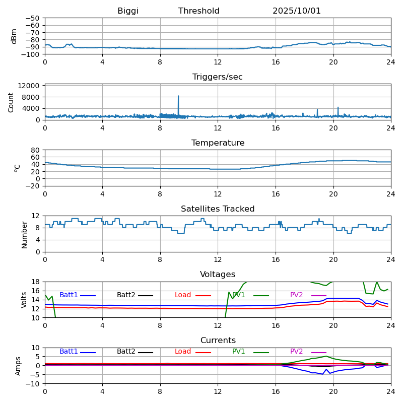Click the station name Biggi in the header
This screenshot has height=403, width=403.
click(x=128, y=11)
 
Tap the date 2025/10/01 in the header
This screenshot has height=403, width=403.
click(x=297, y=11)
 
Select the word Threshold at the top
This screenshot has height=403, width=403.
click(x=199, y=11)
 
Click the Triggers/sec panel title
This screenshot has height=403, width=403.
click(x=218, y=77)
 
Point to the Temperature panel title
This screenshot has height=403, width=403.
click(x=218, y=143)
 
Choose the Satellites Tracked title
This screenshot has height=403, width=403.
click(x=218, y=209)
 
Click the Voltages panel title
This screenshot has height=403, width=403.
click(x=218, y=275)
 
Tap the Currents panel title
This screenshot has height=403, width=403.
click(x=218, y=341)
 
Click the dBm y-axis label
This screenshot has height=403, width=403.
click(x=14, y=36)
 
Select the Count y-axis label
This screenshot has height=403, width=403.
click(x=11, y=102)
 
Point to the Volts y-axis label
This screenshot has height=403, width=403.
click(x=24, y=300)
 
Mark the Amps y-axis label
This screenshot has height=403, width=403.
click(x=18, y=366)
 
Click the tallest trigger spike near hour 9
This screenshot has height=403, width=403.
click(x=178, y=97)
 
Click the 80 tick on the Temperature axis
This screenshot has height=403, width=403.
click(x=36, y=150)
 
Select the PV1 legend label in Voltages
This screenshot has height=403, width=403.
click(x=239, y=295)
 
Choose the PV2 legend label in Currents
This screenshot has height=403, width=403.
click(x=296, y=352)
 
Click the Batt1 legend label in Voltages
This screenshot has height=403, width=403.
click(x=69, y=295)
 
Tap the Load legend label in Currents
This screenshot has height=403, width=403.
click(x=183, y=352)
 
